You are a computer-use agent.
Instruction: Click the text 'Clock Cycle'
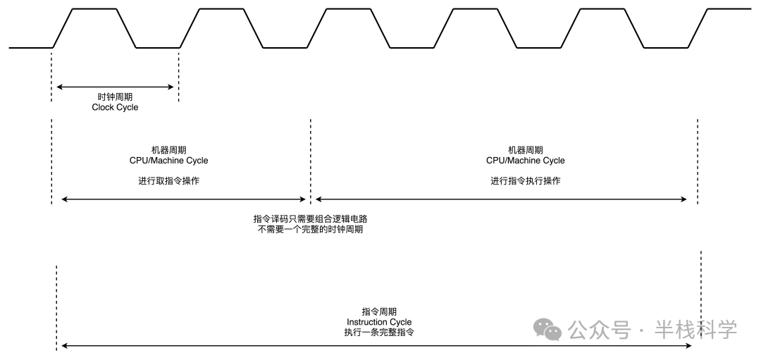pos(115,107)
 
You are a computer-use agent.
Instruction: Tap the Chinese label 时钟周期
pos(115,97)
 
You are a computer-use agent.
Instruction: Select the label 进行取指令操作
pos(168,181)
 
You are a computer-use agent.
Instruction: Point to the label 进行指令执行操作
pos(526,181)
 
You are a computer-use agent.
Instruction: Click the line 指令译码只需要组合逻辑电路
pos(311,219)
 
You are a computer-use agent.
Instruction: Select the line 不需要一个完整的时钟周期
pos(311,230)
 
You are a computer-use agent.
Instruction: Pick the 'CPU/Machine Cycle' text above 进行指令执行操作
pos(526,161)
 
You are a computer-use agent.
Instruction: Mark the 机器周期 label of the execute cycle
pos(526,150)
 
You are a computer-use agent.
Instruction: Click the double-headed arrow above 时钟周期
pos(115,87)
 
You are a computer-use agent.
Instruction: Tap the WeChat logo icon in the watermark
pos(547,328)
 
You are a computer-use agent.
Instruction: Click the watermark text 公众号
pos(598,329)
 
